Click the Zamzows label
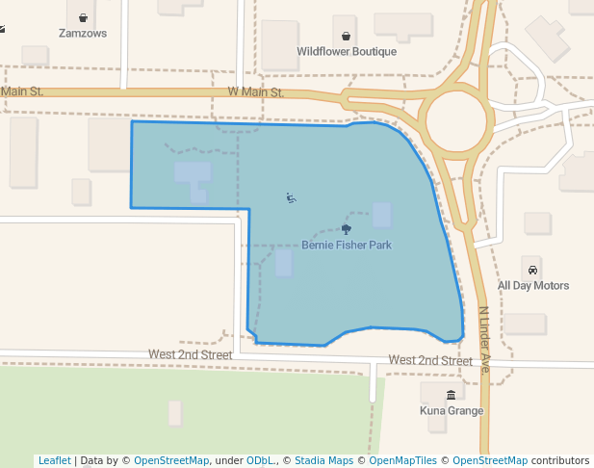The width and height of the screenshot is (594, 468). [82, 33]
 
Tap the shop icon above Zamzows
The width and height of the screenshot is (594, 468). [83, 16]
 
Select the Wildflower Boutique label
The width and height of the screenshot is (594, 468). [347, 51]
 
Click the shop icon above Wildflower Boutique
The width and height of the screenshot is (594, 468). [346, 36]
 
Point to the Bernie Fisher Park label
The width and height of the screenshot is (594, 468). [347, 246]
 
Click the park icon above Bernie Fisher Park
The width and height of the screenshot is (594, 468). [347, 229]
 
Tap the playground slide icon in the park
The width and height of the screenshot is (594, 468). [291, 198]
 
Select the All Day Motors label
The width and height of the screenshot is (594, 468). [532, 285]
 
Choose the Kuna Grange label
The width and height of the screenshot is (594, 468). [452, 411]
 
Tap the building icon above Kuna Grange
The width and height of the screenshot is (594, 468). [452, 395]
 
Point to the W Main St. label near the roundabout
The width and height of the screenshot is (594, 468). [255, 92]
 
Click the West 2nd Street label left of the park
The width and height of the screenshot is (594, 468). [190, 354]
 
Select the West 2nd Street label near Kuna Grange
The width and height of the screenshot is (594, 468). [430, 360]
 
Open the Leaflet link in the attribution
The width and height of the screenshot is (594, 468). [54, 460]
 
